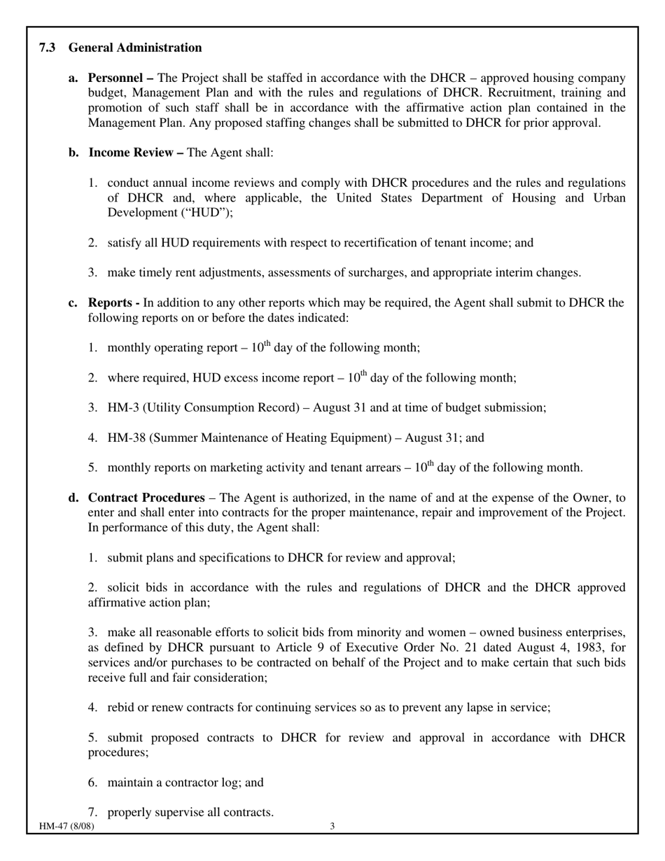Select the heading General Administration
pos(135,48)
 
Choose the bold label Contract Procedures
pos(146,498)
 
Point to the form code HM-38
pos(126,437)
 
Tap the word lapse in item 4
pos(482,707)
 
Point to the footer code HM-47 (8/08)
pos(66,826)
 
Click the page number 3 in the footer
pos(332,826)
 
